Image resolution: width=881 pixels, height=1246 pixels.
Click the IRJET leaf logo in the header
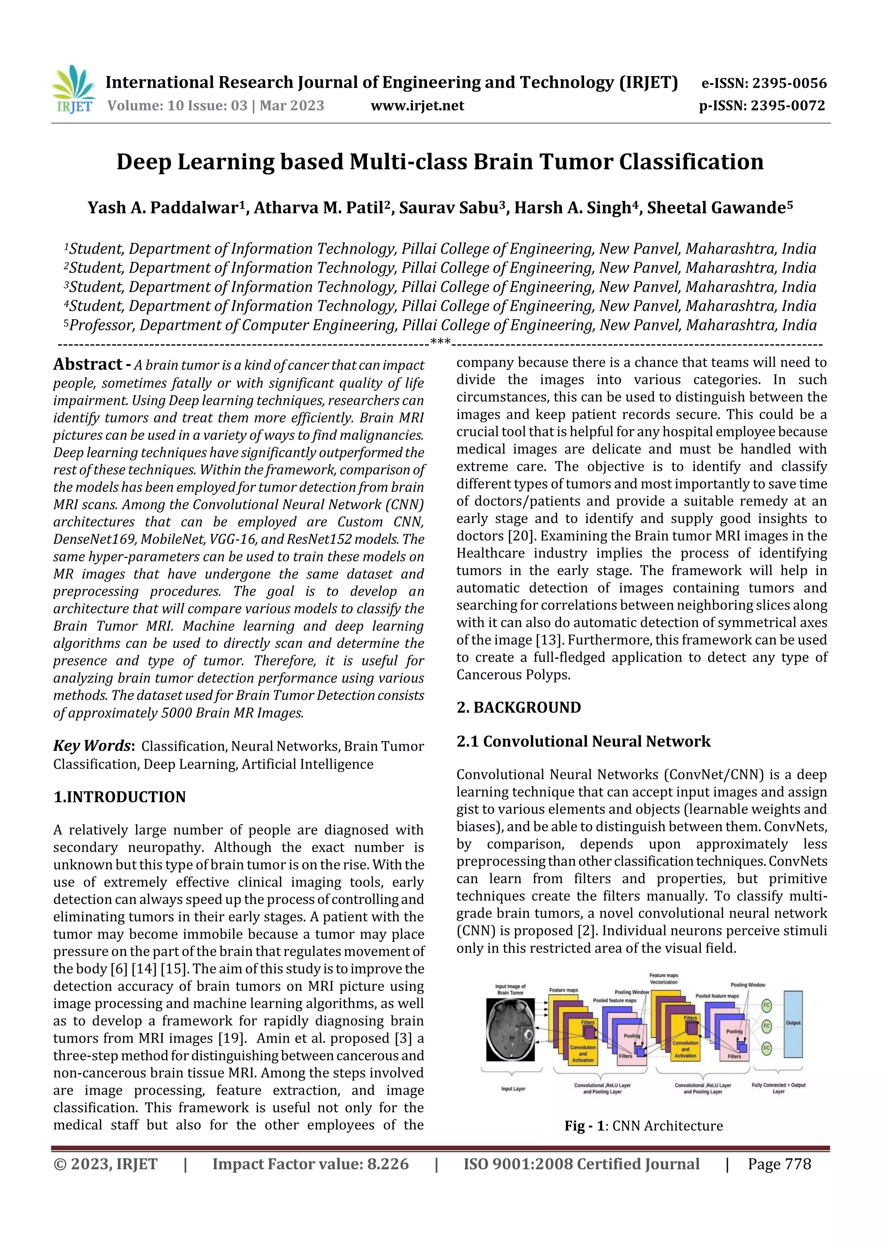tap(73, 89)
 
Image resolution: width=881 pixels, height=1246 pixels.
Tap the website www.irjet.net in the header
tap(417, 105)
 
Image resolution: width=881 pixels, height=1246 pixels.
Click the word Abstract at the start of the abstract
tap(87, 364)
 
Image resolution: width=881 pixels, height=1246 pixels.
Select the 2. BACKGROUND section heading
tap(518, 707)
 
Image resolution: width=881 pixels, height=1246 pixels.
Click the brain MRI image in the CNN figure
tap(510, 1030)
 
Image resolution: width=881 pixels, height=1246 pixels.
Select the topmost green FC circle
tap(767, 1005)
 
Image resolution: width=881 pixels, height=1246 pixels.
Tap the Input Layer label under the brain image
tap(512, 1089)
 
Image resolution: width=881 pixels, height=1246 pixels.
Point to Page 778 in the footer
tap(779, 1164)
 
